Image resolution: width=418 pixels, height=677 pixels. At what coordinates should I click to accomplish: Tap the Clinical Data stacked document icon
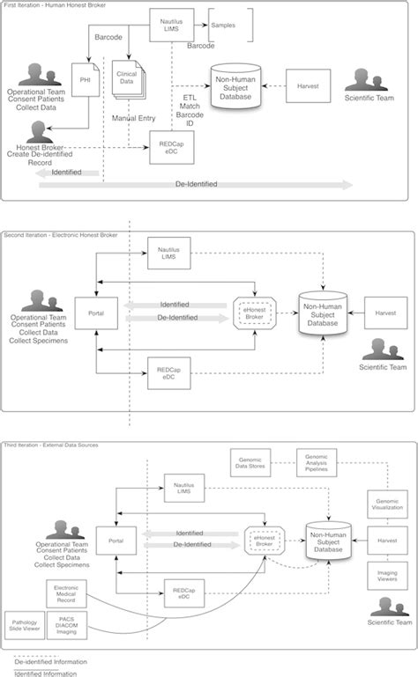pyautogui.click(x=125, y=79)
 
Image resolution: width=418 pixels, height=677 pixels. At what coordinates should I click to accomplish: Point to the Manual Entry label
pyautogui.click(x=134, y=116)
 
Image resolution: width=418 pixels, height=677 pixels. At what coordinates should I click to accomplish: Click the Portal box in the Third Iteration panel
pyautogui.click(x=115, y=541)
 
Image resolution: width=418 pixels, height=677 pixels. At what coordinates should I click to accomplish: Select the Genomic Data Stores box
pyautogui.click(x=250, y=463)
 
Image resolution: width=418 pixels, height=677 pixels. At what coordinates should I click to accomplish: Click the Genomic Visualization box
pyautogui.click(x=384, y=504)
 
